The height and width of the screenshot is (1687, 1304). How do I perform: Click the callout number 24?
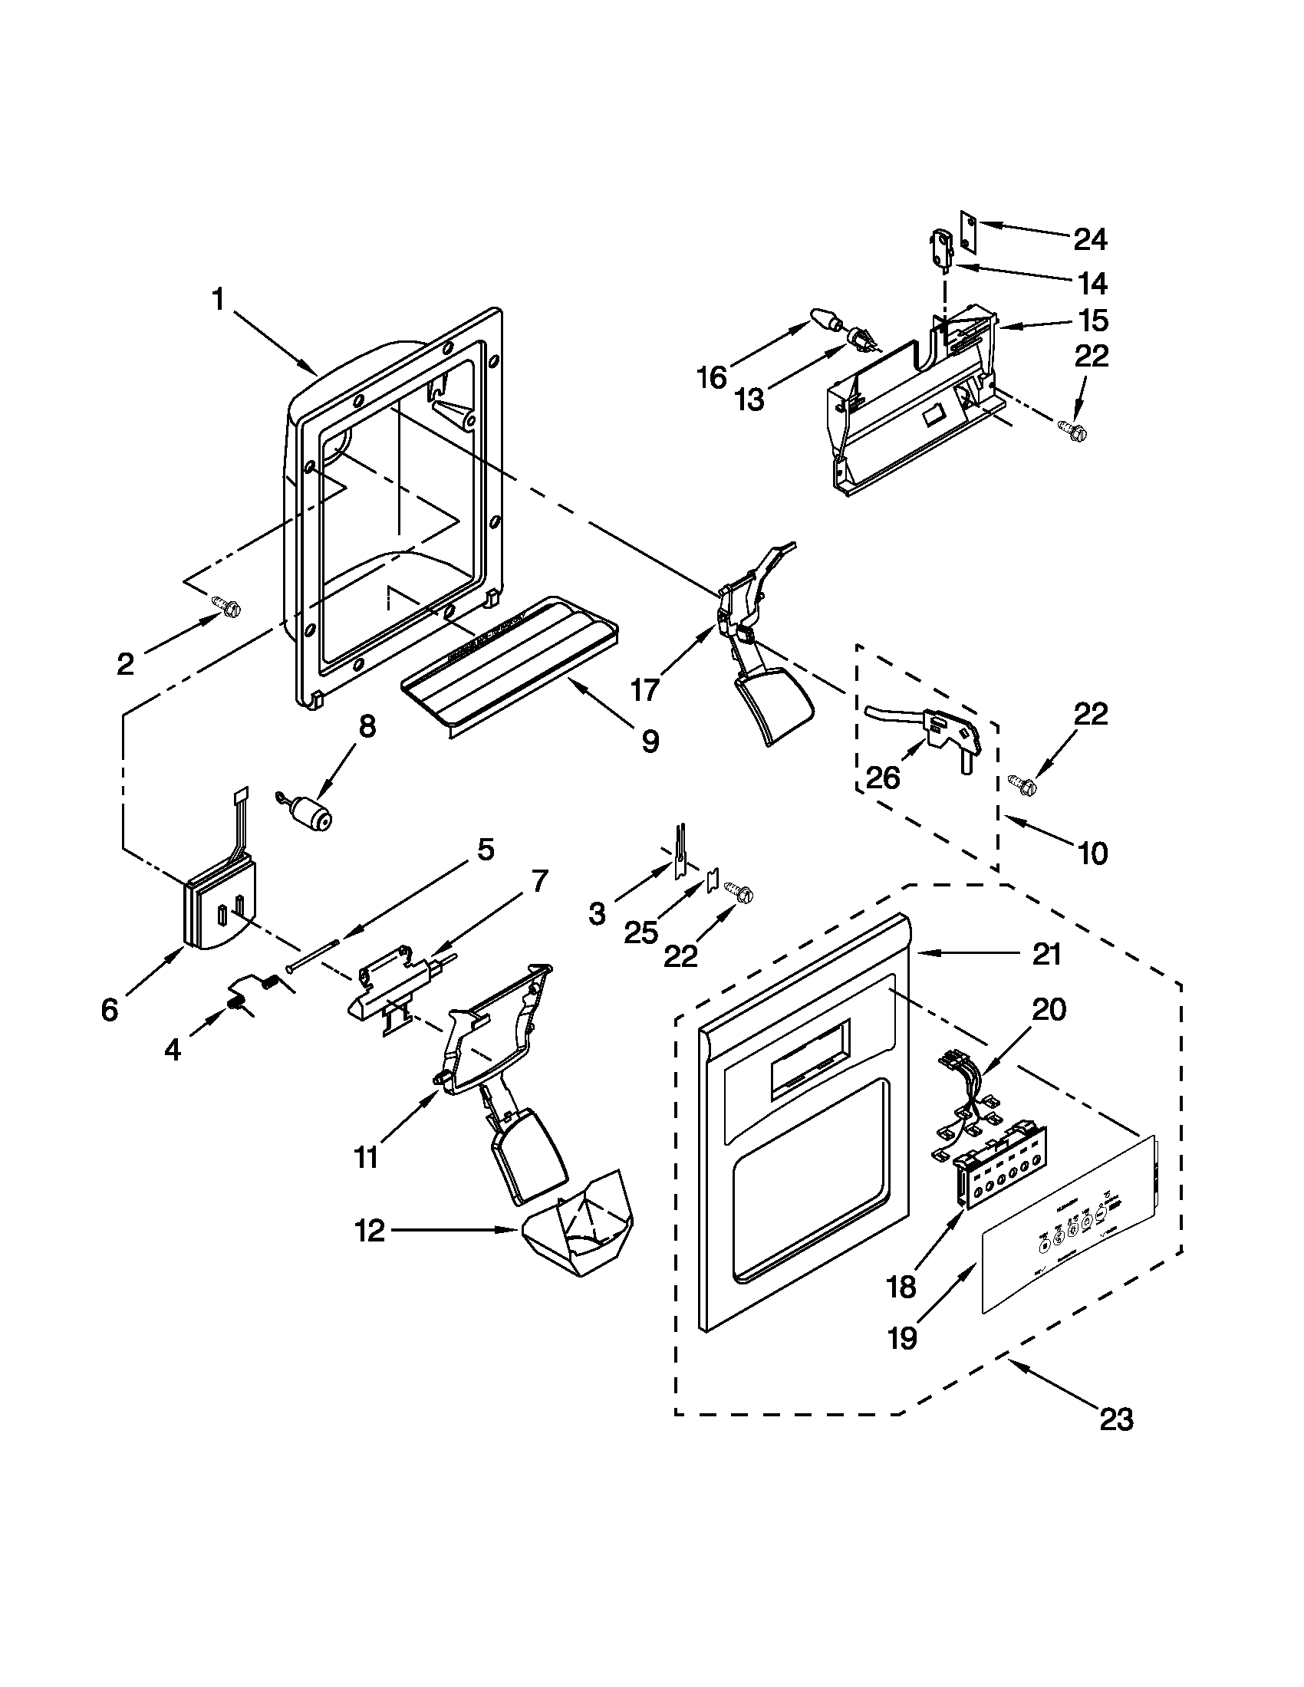1090,240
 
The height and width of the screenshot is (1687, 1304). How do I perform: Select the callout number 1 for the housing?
219,299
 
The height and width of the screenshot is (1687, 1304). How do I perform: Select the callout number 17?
646,690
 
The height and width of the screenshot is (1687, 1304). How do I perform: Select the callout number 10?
1092,853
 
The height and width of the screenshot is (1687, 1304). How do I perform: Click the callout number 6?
110,1010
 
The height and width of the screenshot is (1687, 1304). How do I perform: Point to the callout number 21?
1047,955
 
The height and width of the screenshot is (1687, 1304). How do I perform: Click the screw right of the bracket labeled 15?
1072,432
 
